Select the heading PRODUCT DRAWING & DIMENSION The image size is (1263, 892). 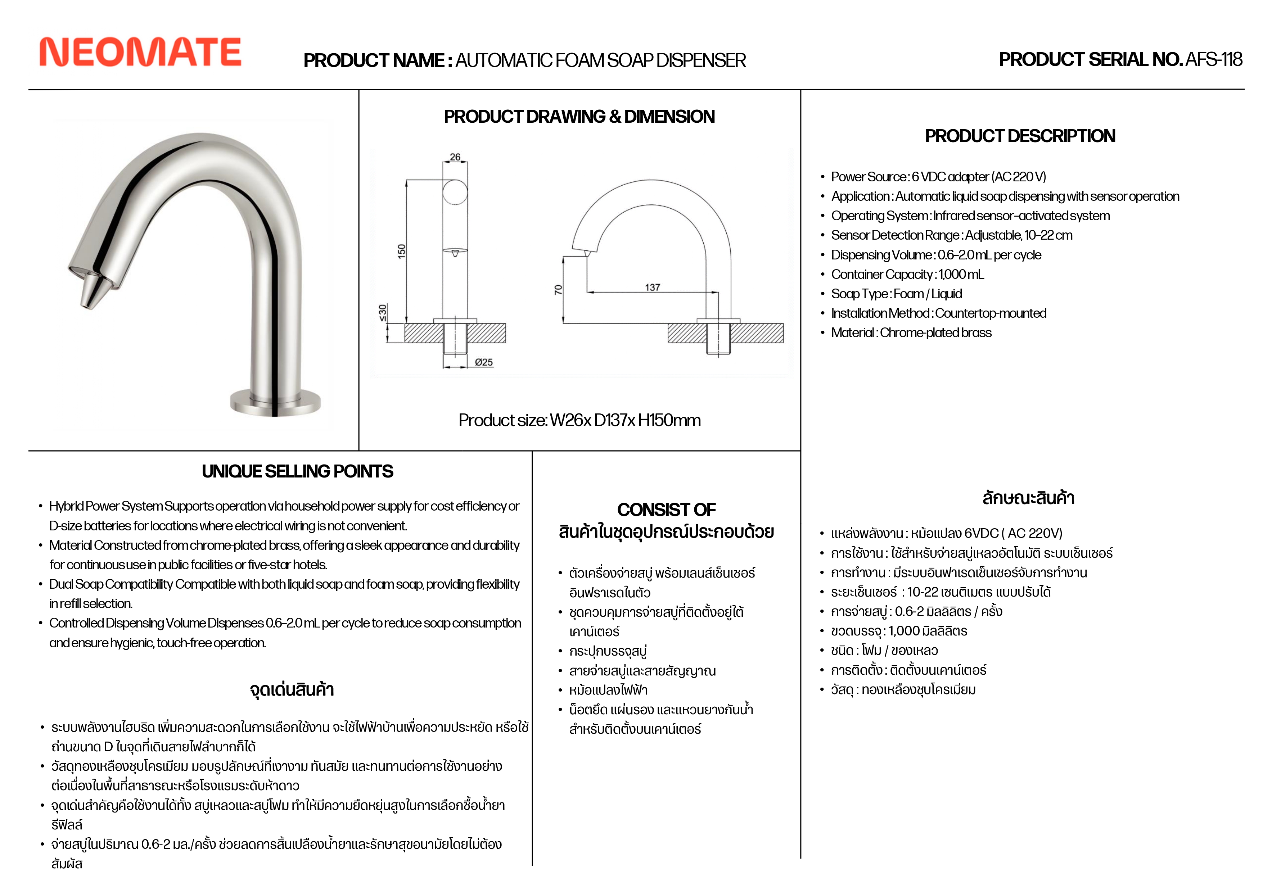[x=579, y=117]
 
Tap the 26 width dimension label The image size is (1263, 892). [x=455, y=157]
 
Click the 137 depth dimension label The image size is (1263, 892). [x=653, y=287]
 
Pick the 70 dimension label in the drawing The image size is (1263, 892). [x=558, y=290]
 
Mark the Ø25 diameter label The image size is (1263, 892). [x=484, y=362]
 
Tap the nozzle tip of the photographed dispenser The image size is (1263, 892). [x=88, y=300]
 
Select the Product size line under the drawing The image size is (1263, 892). [x=579, y=420]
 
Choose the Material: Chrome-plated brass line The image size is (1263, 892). [x=911, y=333]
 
